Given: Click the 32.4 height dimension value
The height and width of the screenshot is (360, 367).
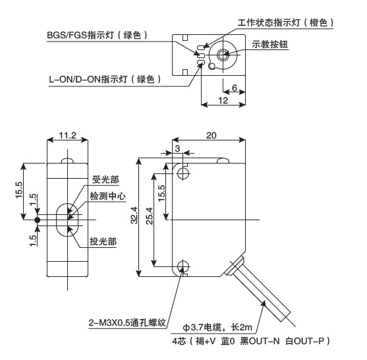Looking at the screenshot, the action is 134,215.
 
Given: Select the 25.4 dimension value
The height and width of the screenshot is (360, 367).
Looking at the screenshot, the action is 150,216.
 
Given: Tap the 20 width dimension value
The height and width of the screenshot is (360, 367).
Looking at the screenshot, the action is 211,135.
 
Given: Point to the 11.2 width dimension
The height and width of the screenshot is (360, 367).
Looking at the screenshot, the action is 67,135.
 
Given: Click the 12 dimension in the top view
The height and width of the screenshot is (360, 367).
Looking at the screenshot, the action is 223,100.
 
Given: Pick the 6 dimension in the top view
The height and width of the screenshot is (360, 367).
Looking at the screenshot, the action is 235,88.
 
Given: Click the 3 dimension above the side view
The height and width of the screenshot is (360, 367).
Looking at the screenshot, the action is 177,148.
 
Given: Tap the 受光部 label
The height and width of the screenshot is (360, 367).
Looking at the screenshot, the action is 105,179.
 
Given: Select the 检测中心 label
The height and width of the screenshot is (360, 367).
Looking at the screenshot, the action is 107,196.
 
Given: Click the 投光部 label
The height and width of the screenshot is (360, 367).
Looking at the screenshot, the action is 103,241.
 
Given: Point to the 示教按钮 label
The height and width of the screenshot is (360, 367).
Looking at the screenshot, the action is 270,44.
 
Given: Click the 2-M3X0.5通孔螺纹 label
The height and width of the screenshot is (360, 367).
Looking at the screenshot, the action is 127,322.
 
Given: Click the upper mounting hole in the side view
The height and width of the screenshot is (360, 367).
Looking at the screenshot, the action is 183,173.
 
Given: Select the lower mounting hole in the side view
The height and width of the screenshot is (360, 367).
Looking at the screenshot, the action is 183,266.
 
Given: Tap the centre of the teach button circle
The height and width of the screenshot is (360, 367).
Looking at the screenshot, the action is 223,55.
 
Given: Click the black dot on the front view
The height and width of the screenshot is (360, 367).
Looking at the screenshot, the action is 37,220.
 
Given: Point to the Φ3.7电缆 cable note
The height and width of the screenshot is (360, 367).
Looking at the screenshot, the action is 217,327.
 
